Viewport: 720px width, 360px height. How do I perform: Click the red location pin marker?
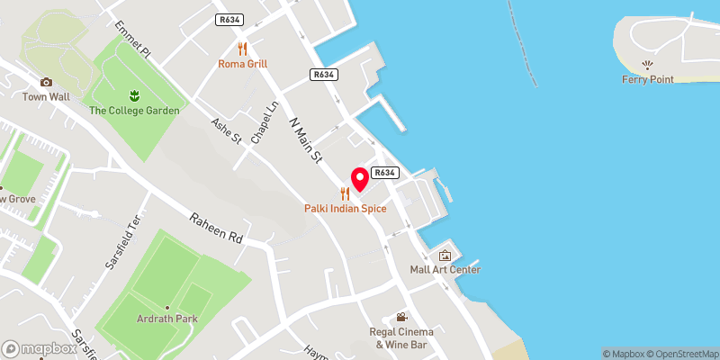click(359, 178)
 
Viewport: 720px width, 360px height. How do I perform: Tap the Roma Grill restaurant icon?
click(242, 49)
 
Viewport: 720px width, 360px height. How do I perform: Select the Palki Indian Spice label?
click(345, 209)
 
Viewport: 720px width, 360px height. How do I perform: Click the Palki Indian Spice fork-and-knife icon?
click(345, 193)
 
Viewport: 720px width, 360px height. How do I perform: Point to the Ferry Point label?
click(647, 79)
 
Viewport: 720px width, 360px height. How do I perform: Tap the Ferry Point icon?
click(647, 65)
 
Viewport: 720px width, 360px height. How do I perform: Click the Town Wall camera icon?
click(46, 82)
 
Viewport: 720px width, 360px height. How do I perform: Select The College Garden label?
click(134, 111)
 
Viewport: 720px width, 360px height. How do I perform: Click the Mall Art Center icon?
click(445, 256)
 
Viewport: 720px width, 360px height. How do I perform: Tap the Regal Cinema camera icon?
click(402, 317)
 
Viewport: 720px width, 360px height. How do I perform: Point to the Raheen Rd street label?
click(216, 229)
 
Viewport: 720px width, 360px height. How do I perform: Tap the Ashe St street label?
click(227, 131)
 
